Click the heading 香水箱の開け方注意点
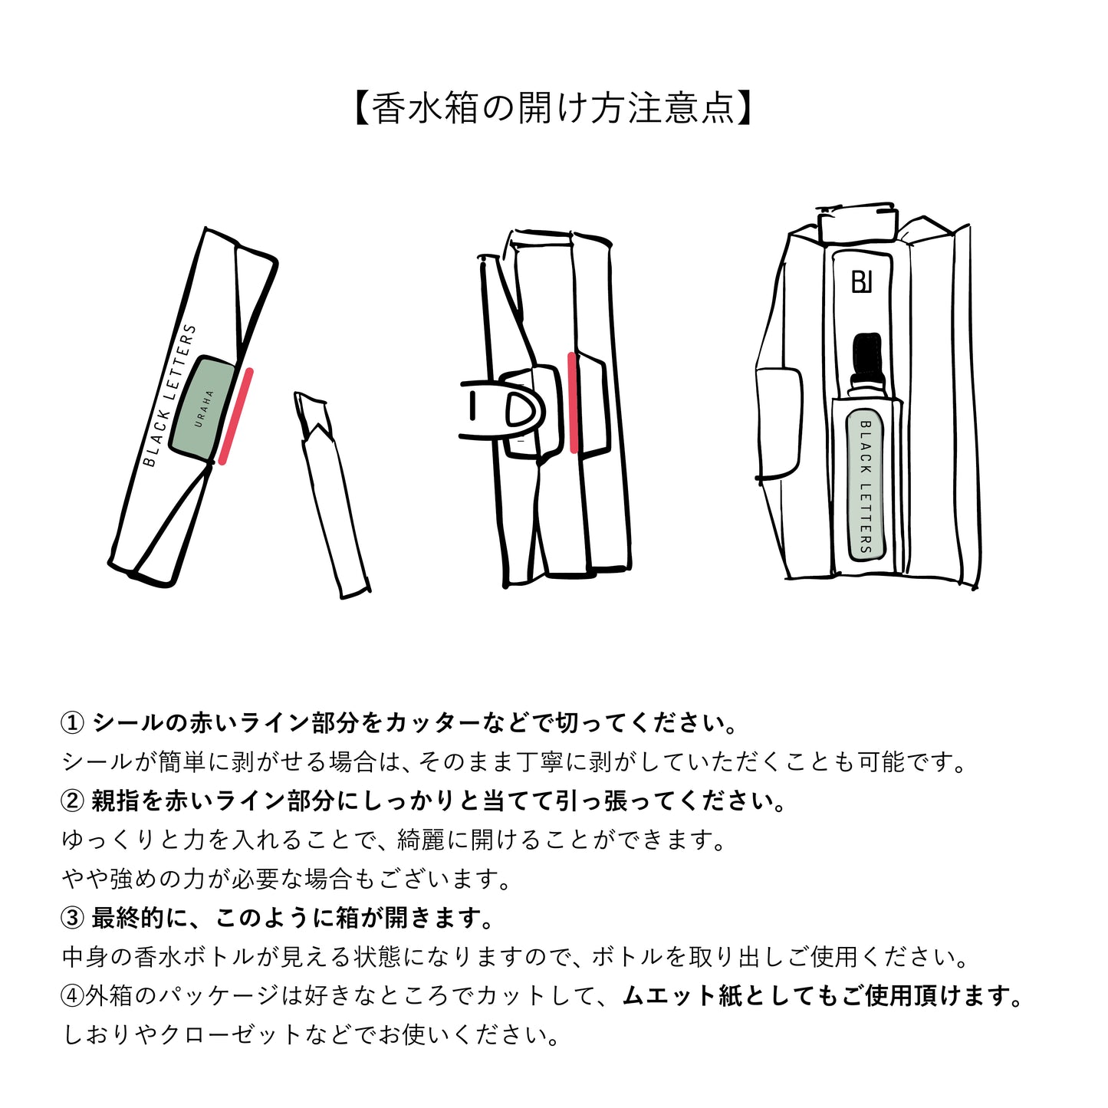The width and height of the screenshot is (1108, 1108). pos(554,108)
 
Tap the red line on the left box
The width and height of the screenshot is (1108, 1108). pos(235,416)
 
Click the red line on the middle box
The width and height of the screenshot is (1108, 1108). pos(573,403)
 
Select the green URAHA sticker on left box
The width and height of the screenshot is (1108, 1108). pos(203,408)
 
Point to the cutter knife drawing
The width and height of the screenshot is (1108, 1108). pos(330,491)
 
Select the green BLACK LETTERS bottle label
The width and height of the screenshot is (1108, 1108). pos(866,485)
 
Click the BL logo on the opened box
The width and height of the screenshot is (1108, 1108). pos(862,281)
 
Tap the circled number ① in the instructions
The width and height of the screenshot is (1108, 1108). pos(72,723)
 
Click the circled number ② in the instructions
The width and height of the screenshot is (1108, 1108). pos(72,801)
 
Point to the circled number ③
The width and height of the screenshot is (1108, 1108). pos(72,918)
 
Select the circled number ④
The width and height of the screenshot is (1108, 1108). pos(72,996)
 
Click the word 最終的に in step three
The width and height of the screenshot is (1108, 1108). pos(139,918)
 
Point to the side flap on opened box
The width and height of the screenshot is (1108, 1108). pos(778,422)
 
